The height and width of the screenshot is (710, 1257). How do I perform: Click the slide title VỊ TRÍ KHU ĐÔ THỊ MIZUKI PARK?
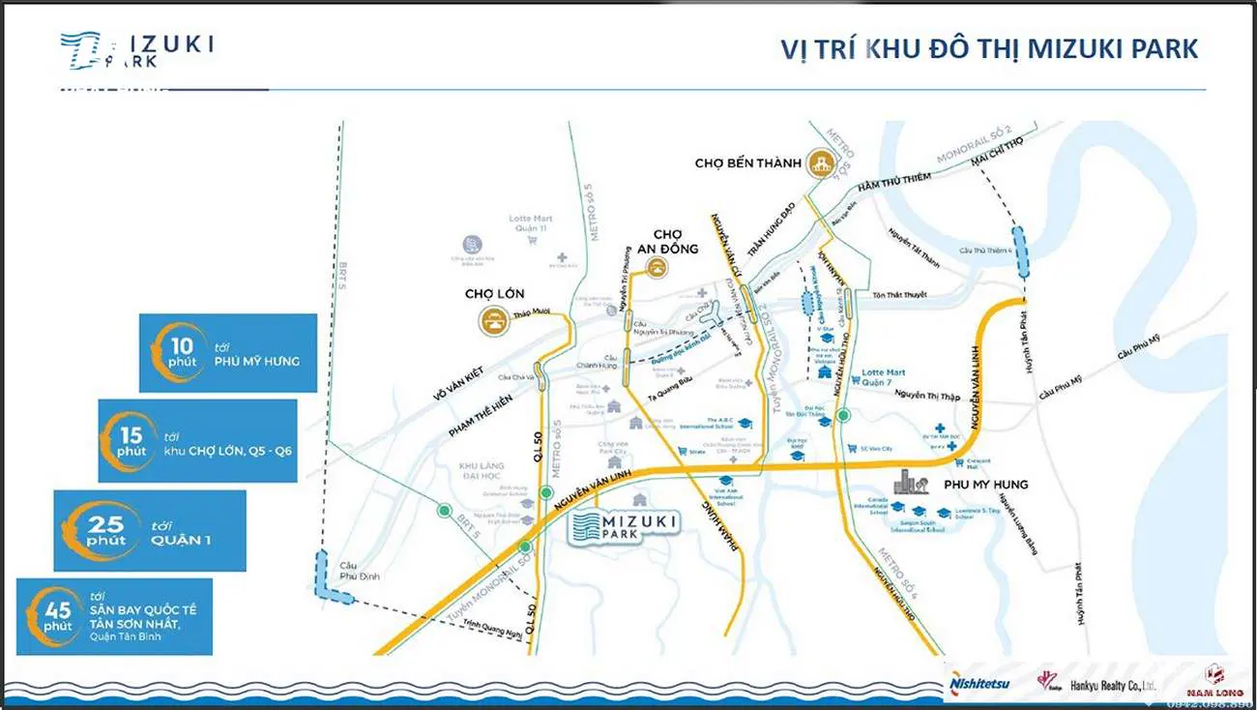point(989,49)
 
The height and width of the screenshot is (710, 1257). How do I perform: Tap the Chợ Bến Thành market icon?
point(823,163)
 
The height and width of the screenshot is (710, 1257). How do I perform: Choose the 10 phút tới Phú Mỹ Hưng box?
point(228,353)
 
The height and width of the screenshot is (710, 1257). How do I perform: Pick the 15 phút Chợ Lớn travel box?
point(197,440)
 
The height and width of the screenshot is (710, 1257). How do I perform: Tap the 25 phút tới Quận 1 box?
point(150,530)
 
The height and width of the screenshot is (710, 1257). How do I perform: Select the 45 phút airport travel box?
point(114,616)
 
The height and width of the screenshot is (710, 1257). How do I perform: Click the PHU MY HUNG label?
point(985,484)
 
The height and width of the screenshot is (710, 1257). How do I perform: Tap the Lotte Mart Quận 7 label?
point(883,376)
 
